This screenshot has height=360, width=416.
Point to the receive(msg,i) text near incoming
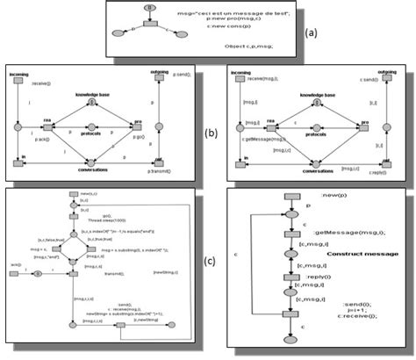(x=269, y=77)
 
